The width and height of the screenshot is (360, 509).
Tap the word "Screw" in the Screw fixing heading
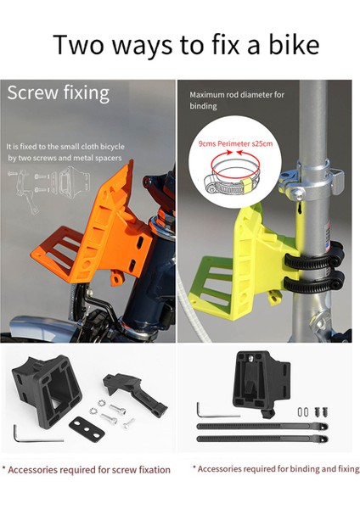point(32,92)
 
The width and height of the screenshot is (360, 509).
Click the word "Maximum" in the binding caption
point(206,95)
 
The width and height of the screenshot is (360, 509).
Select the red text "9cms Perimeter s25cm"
point(235,144)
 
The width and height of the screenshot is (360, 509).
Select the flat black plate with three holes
point(87,428)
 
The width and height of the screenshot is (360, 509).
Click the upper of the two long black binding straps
point(262,426)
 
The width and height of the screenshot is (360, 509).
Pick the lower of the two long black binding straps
point(262,439)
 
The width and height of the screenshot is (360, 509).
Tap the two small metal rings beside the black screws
point(303,412)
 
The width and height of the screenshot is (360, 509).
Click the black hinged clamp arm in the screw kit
point(135,393)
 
